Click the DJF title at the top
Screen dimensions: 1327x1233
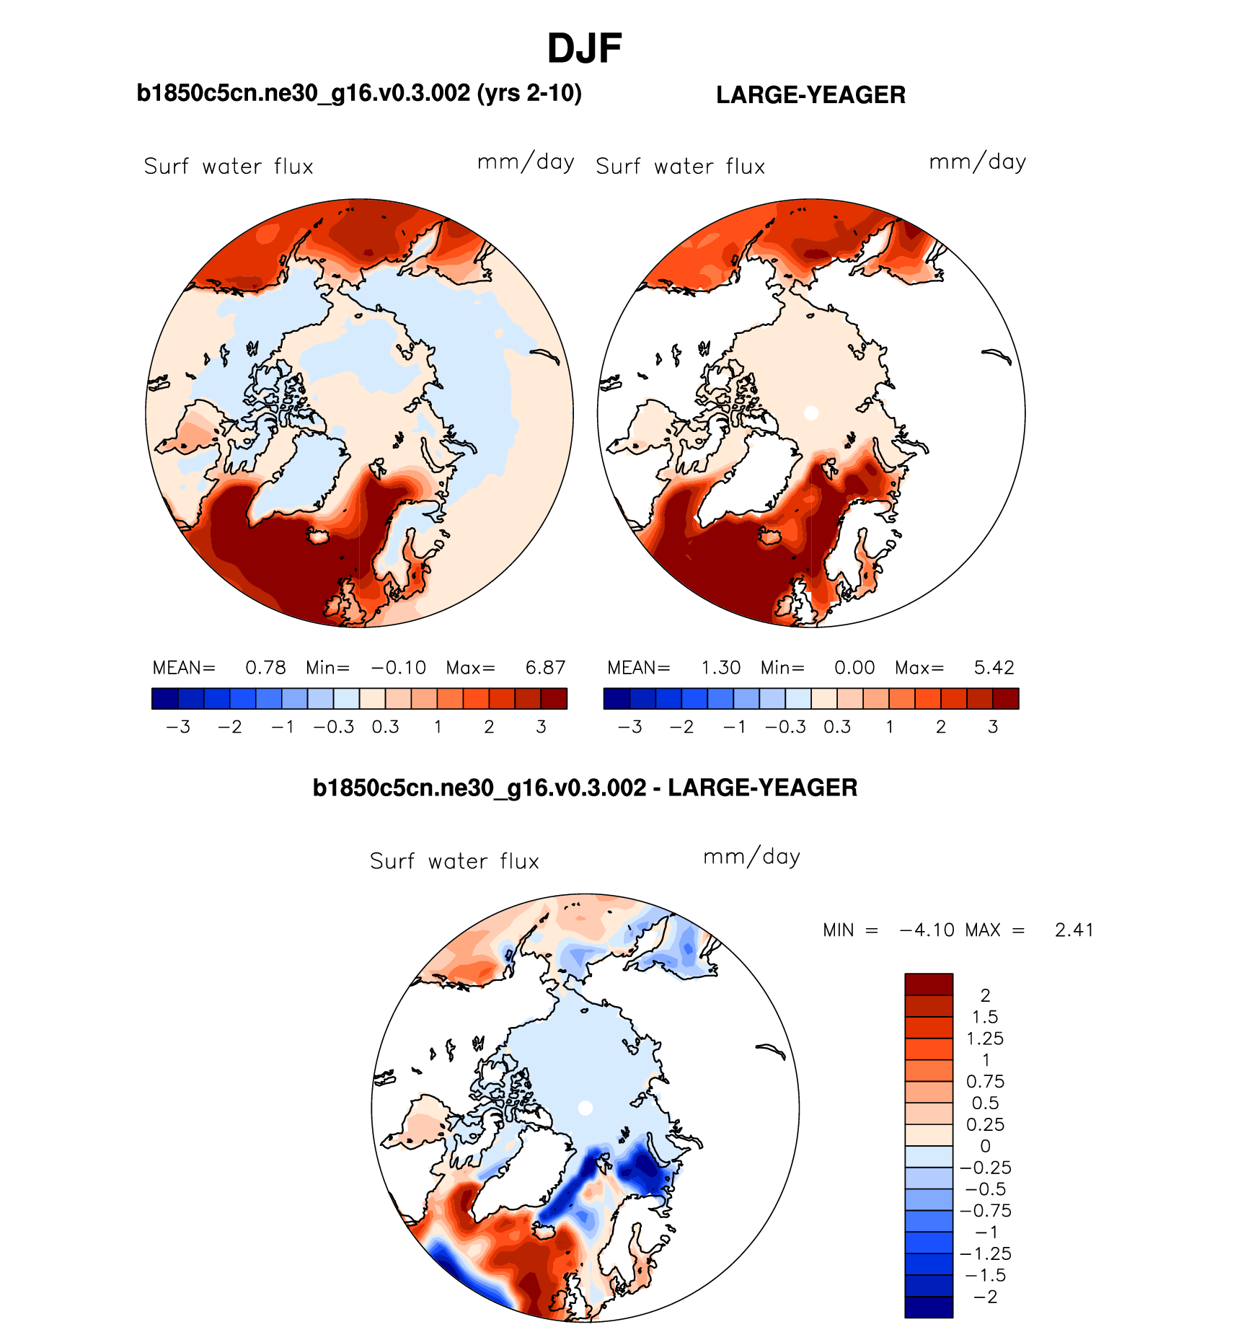click(584, 49)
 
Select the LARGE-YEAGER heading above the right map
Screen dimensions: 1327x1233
click(810, 95)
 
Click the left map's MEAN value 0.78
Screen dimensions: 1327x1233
click(265, 668)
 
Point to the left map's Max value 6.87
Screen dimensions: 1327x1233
click(545, 668)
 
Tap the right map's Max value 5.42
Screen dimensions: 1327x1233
click(994, 668)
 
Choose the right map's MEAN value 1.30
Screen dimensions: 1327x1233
click(720, 668)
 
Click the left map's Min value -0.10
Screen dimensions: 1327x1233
click(399, 668)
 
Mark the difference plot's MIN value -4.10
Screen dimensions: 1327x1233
click(927, 930)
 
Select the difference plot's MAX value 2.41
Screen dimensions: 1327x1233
click(1074, 930)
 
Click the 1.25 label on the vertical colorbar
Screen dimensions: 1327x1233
click(985, 1039)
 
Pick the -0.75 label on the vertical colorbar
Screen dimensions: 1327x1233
click(985, 1211)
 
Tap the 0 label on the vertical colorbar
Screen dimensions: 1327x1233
click(985, 1146)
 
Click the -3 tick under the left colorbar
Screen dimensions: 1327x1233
click(178, 727)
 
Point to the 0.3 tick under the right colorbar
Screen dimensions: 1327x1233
click(837, 727)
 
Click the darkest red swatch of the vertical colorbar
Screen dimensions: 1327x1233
click(929, 984)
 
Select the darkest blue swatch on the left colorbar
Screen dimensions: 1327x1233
click(164, 699)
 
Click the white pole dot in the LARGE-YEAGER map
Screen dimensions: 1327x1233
click(811, 413)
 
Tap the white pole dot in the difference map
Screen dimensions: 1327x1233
click(585, 1108)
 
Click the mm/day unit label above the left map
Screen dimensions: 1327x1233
click(526, 162)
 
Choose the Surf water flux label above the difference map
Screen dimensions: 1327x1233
click(454, 861)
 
